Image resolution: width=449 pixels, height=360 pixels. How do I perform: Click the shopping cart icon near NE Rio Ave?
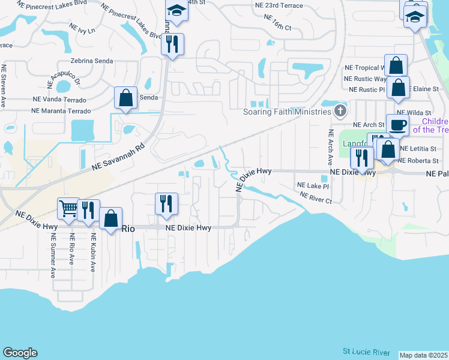click(68, 209)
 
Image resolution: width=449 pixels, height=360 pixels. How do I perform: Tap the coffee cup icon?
click(397, 125)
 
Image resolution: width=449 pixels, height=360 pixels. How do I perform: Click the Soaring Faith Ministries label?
click(287, 112)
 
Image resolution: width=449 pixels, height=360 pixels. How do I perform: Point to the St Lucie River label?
click(366, 352)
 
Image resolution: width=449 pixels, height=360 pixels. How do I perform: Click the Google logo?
click(20, 353)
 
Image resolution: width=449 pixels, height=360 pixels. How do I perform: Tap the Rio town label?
click(128, 229)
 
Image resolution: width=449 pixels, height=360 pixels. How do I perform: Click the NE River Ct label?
click(316, 197)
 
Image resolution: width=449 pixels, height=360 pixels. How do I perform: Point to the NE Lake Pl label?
click(313, 187)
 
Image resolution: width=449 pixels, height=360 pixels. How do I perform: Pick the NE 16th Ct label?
click(277, 28)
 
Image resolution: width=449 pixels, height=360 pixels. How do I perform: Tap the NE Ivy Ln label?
click(82, 29)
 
